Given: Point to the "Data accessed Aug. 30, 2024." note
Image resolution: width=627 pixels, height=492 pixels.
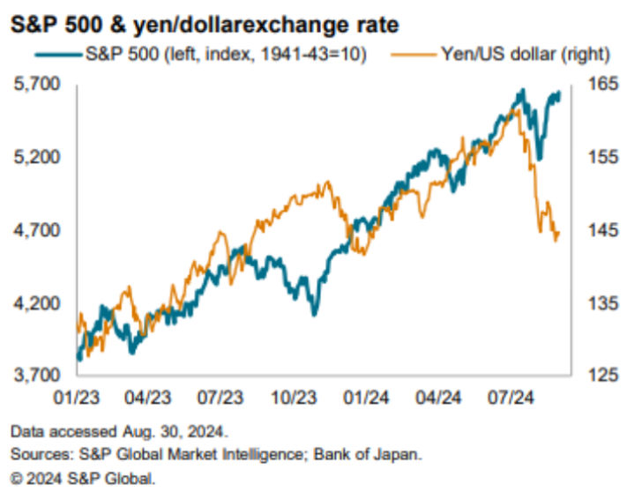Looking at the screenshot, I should tap(119, 433).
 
